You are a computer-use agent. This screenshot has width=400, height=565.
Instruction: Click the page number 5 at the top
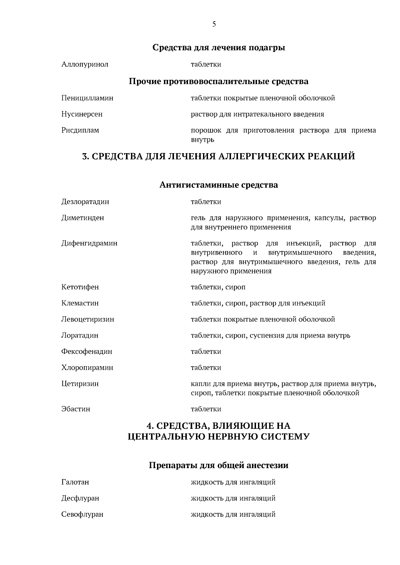[214, 24]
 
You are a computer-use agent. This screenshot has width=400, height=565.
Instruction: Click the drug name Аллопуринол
[85, 64]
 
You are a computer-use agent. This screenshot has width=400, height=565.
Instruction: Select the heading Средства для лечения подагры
[219, 48]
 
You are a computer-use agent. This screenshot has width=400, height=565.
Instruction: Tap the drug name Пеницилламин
[87, 98]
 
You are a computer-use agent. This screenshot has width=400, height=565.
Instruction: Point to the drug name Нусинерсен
[82, 114]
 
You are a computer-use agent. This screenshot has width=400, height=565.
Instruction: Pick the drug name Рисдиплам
[80, 130]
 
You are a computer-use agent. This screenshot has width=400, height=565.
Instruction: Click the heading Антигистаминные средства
[219, 185]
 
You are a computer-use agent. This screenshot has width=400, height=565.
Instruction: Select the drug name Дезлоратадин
[85, 202]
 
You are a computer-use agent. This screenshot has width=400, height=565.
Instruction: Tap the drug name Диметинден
[82, 218]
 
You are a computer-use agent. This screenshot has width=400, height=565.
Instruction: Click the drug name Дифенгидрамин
[89, 243]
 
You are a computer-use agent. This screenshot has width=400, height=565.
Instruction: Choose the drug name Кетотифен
[80, 287]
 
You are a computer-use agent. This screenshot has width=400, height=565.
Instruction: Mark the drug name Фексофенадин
[87, 352]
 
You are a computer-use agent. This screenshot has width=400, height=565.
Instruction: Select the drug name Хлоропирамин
[87, 368]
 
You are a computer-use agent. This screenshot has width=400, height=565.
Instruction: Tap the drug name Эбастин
[76, 409]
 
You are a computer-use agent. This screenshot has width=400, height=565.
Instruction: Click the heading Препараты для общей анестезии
[219, 465]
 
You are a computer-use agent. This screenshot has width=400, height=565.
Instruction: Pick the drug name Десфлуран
[80, 498]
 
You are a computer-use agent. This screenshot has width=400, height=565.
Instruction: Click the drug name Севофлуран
[82, 514]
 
